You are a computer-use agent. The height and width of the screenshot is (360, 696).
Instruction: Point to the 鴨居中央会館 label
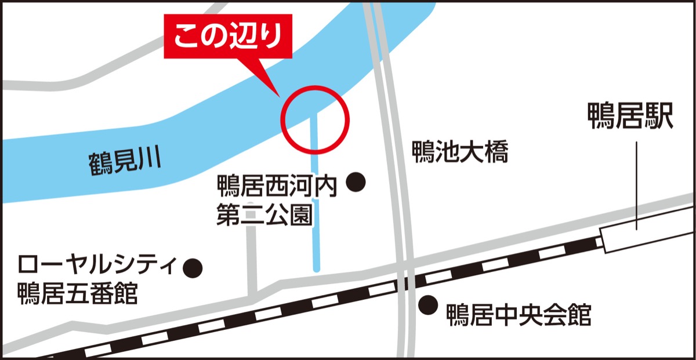click(519, 316)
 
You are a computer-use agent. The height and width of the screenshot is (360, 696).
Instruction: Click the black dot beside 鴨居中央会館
click(428, 303)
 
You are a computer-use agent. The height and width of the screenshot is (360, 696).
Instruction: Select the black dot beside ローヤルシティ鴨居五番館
click(193, 267)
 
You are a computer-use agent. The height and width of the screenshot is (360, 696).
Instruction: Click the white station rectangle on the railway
click(648, 234)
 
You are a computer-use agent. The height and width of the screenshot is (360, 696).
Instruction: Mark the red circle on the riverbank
click(315, 119)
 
